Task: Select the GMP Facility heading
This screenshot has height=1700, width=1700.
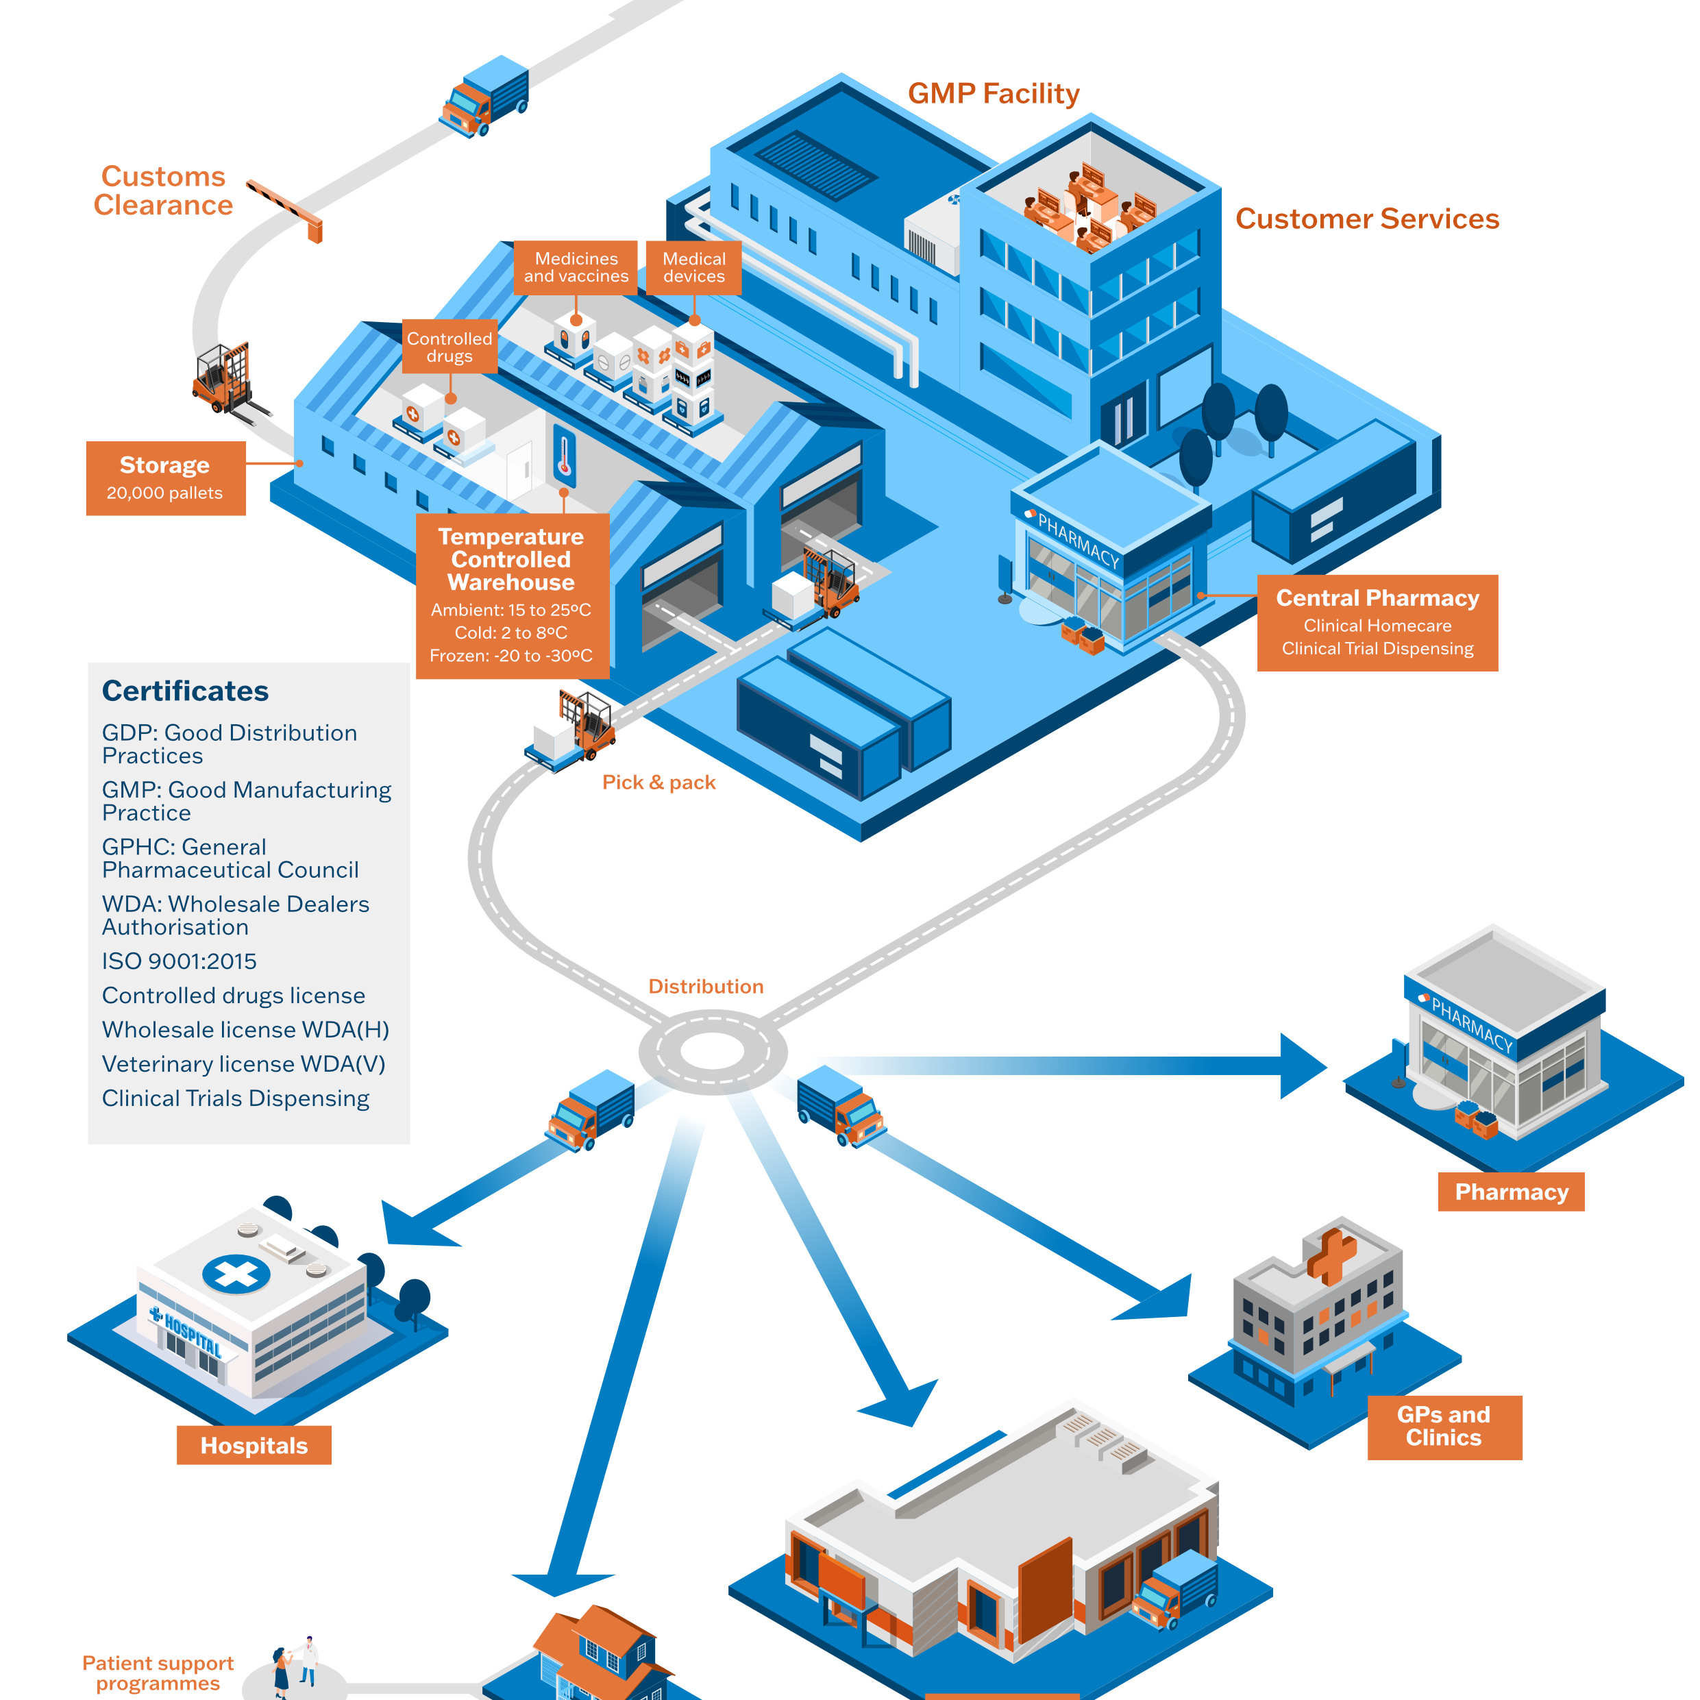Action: coord(993,93)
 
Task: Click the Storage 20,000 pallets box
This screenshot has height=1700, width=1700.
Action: coord(165,478)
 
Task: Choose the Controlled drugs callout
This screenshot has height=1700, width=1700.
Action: coord(449,347)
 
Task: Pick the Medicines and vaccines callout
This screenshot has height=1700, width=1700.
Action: coord(576,267)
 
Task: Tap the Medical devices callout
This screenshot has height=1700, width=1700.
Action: coord(693,267)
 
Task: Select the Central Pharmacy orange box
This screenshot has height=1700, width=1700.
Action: coord(1377,622)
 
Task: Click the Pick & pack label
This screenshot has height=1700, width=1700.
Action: coord(658,783)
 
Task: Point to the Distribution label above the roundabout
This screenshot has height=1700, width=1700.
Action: coord(706,987)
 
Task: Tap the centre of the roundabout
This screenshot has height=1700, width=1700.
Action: coord(713,1050)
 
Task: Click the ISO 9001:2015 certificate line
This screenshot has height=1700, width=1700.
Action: coord(180,961)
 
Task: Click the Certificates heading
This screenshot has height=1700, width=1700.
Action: coord(186,691)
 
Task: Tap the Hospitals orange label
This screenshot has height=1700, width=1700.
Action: coord(254,1446)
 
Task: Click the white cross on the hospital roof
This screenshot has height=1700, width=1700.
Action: coord(236,1273)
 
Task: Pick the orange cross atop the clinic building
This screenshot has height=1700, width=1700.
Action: coord(1331,1253)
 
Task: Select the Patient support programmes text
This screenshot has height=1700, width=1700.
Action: coord(158,1673)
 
